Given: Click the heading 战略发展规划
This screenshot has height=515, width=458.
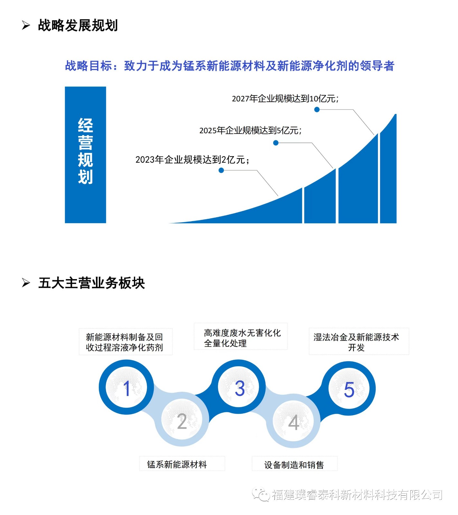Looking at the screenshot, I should pyautogui.click(x=78, y=25).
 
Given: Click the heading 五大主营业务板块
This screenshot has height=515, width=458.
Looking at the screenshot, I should pyautogui.click(x=91, y=283).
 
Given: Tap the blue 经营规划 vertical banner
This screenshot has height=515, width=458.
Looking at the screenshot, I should pyautogui.click(x=85, y=154).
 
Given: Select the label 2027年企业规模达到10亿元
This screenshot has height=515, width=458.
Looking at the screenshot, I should pyautogui.click(x=285, y=98).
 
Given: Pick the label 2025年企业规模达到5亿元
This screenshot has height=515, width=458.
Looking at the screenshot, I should pyautogui.click(x=250, y=130).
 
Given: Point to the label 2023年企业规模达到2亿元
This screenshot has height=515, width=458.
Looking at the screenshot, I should pyautogui.click(x=192, y=160).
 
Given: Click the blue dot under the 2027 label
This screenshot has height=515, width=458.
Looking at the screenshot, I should pyautogui.click(x=317, y=109).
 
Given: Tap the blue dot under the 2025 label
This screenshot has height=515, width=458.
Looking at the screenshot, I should pyautogui.click(x=276, y=143).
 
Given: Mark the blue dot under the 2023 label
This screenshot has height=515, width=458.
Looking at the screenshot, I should pyautogui.click(x=221, y=170).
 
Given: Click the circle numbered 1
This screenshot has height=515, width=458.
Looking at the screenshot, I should pyautogui.click(x=126, y=388).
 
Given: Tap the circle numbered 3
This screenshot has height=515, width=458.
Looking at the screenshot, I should pyautogui.click(x=239, y=388).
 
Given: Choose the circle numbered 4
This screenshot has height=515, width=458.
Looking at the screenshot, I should pyautogui.click(x=294, y=421).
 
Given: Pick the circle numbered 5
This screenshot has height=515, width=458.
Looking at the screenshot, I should pyautogui.click(x=349, y=389).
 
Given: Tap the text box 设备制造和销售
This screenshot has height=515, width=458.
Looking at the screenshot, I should pyautogui.click(x=294, y=464).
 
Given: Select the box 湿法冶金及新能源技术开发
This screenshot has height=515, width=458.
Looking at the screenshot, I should pyautogui.click(x=359, y=342).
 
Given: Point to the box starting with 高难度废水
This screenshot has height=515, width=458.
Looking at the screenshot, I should pyautogui.click(x=240, y=337).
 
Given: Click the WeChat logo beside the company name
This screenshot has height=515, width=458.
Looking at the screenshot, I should pyautogui.click(x=261, y=494).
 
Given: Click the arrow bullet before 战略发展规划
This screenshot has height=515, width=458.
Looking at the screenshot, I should pyautogui.click(x=26, y=25).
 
